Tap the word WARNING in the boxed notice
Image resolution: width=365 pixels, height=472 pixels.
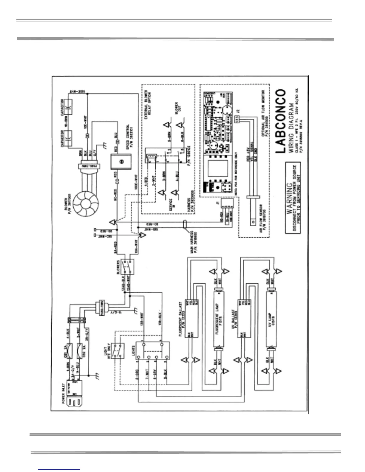289,198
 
